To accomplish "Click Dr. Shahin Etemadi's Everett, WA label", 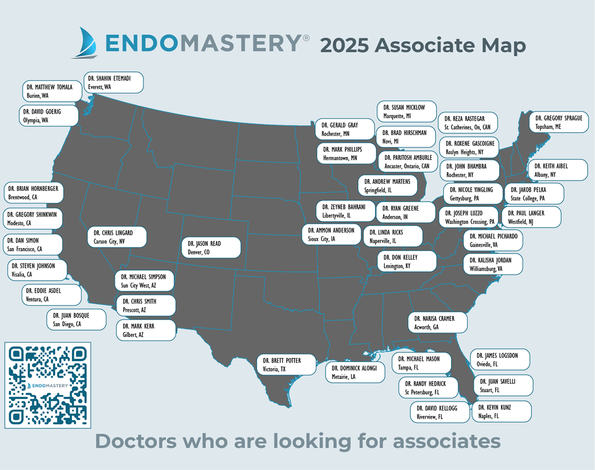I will (114, 83).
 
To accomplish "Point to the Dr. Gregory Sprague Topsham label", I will (558, 123).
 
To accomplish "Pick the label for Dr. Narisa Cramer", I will (437, 322).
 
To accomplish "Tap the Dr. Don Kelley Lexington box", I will (407, 261).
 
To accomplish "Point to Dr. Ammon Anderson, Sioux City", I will (332, 234).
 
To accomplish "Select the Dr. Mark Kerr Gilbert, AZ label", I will (146, 330).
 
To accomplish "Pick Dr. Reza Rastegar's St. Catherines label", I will (468, 123).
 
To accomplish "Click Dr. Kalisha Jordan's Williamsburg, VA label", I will (493, 264).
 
